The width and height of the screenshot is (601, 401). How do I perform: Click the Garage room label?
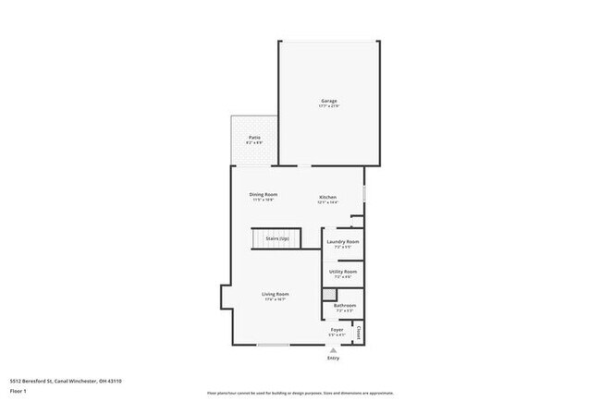point(328,101)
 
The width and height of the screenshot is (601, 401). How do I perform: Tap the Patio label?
point(254,138)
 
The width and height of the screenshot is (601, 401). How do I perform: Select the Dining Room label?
point(264,194)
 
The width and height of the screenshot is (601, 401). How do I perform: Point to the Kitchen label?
point(328,197)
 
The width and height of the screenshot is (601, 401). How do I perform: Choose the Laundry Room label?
point(343,241)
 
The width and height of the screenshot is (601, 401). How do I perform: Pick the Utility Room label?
point(343,272)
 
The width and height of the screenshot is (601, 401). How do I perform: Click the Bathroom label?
point(344,305)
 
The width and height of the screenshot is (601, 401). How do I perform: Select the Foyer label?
point(337,329)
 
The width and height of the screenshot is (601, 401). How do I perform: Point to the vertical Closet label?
point(358,330)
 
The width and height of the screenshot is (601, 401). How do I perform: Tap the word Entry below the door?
point(333,358)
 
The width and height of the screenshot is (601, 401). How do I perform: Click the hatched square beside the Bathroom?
point(327,294)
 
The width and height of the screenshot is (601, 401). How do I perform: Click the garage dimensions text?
point(328,106)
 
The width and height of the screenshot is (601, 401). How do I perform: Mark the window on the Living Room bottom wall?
point(273,345)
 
